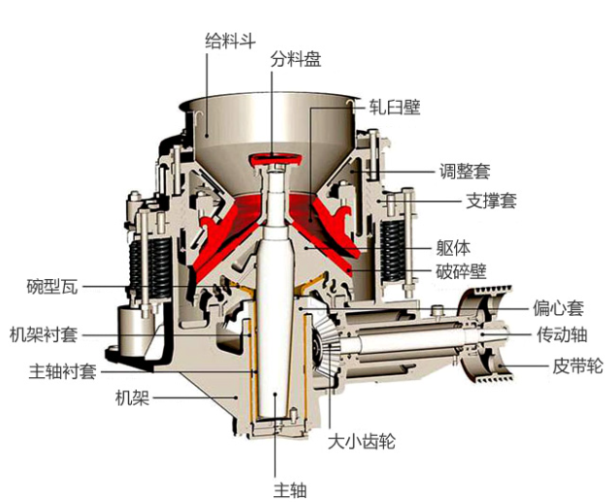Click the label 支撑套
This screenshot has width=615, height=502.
point(465,202)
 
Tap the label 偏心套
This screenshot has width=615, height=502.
point(557,309)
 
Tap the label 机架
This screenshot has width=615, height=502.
point(132,397)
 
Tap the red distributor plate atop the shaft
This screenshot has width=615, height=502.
point(277,160)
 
